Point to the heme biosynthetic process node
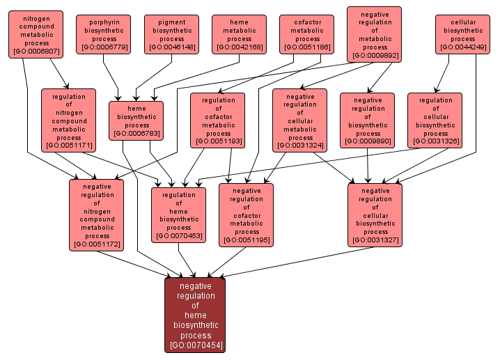[136, 120]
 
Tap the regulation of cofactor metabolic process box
[218, 120]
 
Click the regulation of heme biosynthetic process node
[178, 215]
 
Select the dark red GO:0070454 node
[195, 315]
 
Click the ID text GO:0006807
[36, 51]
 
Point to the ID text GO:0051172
[96, 244]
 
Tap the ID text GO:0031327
[375, 240]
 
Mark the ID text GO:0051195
[246, 240]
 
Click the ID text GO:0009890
[367, 142]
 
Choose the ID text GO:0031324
[300, 146]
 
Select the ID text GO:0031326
[435, 142]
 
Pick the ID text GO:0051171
[68, 146]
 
